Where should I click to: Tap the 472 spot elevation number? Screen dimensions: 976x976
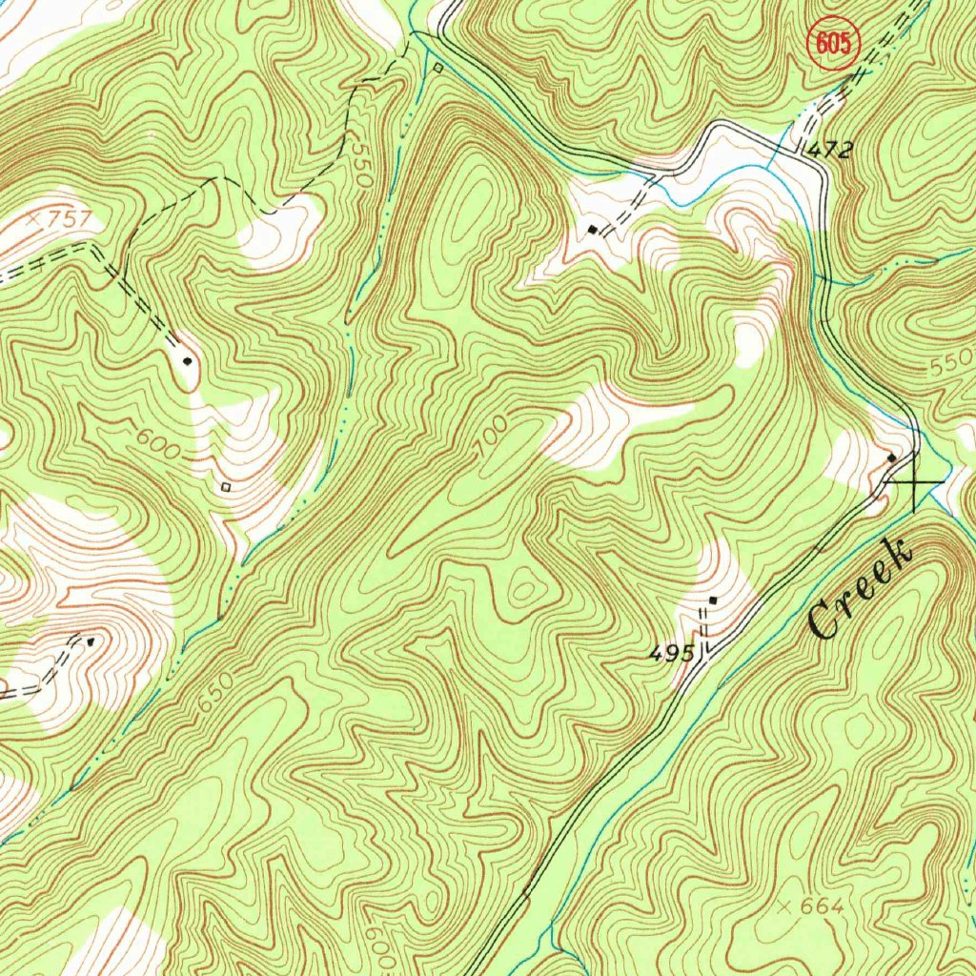pos(828,150)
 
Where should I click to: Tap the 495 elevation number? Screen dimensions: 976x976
pos(672,654)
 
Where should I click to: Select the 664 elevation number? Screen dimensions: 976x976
pos(823,906)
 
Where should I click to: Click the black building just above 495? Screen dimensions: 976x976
pos(714,600)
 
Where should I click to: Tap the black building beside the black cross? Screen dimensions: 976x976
pos(892,458)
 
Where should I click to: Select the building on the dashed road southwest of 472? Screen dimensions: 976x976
pos(594,230)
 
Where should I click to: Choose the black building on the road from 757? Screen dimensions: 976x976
pos(188,361)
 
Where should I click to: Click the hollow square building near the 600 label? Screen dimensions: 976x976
pos(226,487)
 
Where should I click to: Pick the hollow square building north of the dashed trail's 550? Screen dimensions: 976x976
pos(437,68)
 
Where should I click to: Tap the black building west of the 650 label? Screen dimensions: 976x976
pos(91,641)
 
